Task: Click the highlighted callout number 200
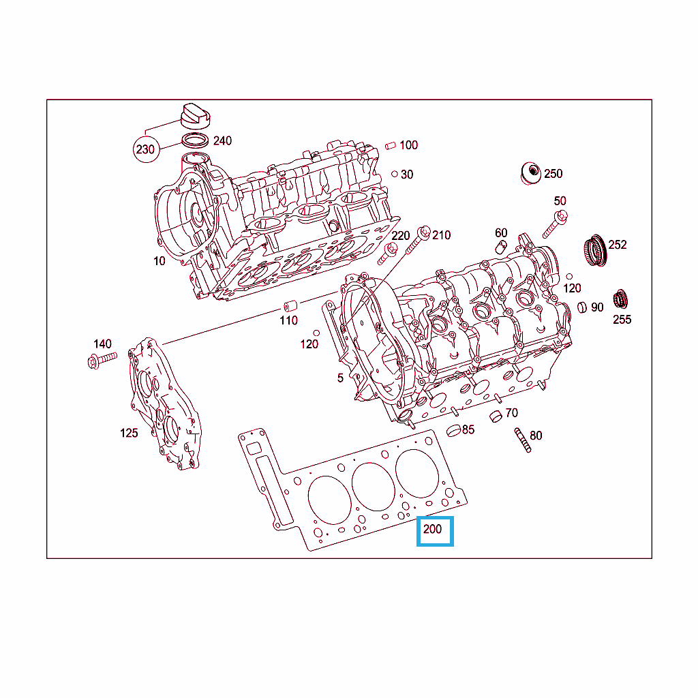coord(432,529)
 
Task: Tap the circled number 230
coord(146,149)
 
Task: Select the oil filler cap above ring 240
coord(195,116)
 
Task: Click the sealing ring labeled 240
coord(195,140)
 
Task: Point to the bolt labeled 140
coord(102,360)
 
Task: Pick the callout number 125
coord(129,433)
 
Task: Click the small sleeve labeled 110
coord(290,306)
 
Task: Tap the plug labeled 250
coord(530,174)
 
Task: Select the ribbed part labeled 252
coord(594,250)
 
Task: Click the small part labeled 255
coord(620,300)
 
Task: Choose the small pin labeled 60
coord(501,247)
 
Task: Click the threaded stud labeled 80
coord(523,440)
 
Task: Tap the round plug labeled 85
coord(453,431)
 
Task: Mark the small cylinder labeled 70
coord(496,416)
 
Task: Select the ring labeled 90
coord(582,307)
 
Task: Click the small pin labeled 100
coord(391,146)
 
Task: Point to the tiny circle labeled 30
coord(395,174)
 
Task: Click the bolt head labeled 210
coord(424,232)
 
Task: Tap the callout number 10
coord(160,261)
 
